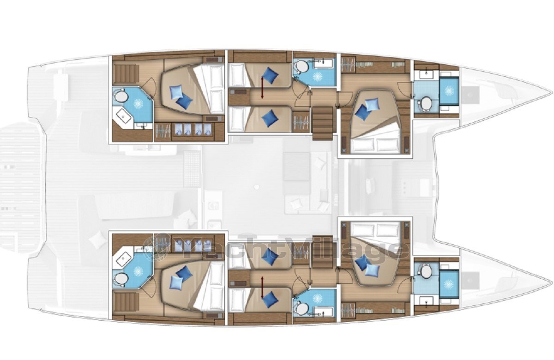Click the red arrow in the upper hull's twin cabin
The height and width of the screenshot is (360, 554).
[x=262, y=88]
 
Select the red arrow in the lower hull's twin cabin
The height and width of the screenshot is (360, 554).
[x=262, y=288]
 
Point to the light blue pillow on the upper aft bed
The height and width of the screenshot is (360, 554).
[x=176, y=92]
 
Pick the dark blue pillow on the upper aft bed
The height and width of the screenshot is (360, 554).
[x=184, y=102]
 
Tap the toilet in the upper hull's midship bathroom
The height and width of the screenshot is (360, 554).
[x=301, y=66]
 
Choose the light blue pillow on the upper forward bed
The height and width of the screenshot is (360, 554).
[x=372, y=105]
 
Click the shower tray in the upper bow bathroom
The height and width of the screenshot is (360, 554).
[x=449, y=91]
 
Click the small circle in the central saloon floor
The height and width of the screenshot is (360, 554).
[x=257, y=187]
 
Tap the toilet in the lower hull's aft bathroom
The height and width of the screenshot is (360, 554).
[x=120, y=279]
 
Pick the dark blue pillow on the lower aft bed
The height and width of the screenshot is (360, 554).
[x=184, y=273]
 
